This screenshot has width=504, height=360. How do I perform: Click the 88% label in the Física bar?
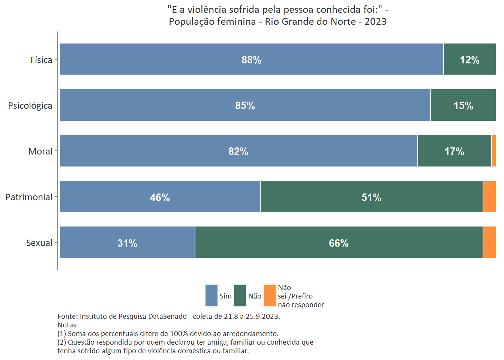[251, 60]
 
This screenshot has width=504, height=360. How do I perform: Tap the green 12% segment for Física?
[469, 59]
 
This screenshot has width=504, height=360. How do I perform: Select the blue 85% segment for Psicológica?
[187, 105]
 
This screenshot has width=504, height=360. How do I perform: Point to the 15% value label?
[463, 106]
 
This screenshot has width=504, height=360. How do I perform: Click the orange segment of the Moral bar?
[493, 151]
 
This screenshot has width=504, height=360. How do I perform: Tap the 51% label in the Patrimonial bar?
[371, 198]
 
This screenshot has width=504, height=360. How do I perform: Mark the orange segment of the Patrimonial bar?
[489, 196]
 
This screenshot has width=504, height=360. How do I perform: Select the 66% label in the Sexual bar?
[339, 243]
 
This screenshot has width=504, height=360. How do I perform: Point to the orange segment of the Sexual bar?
[489, 242]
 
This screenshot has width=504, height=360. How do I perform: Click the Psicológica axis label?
[30, 106]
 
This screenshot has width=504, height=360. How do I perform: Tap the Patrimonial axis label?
[29, 197]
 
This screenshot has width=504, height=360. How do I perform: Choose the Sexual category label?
[39, 243]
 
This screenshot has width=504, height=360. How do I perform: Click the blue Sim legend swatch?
[211, 295]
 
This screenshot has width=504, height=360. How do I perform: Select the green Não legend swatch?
[240, 295]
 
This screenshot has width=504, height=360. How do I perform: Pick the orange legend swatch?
[270, 295]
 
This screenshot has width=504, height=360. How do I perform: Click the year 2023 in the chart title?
[375, 21]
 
